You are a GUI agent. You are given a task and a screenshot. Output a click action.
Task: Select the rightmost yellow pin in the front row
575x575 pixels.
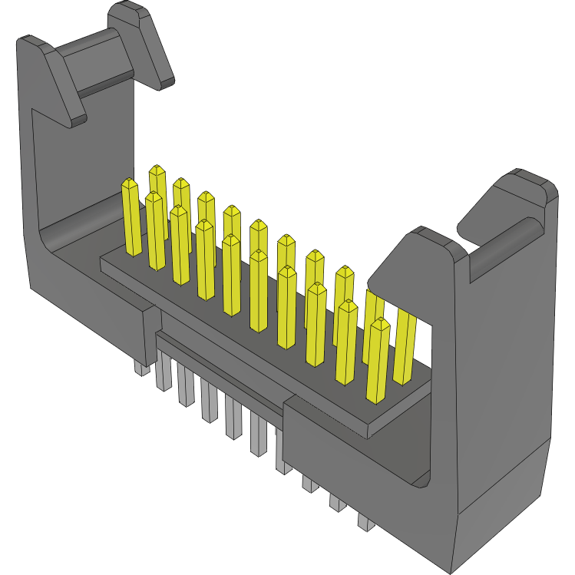coord(378,361)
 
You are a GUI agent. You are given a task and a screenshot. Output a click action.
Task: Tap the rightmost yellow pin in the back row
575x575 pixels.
coord(405,345)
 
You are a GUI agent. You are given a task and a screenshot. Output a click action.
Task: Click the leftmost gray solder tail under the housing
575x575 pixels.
coord(141,366)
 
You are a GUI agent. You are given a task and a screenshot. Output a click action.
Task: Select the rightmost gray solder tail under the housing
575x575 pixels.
coord(366,522)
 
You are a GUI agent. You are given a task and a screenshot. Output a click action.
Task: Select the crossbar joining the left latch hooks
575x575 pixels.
coord(96,58)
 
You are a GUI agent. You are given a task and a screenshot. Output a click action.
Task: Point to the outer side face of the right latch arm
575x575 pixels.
coord(503,384)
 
